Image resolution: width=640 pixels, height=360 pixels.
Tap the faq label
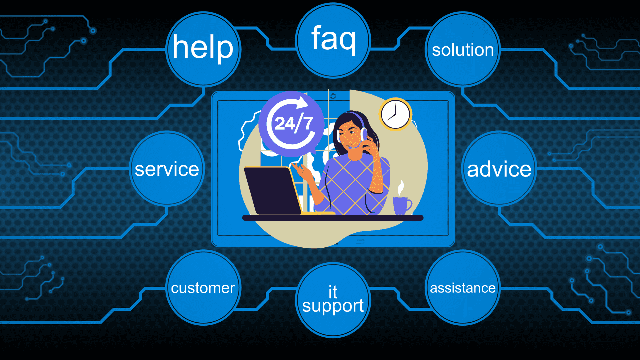point(333,39)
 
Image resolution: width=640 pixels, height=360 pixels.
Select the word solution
point(463,50)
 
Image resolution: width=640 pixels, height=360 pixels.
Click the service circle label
point(167,169)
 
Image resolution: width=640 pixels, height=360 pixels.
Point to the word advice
point(499,169)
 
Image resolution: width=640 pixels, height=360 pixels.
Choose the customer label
point(203,288)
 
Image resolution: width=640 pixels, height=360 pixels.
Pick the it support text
point(333,299)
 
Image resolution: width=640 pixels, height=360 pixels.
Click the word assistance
point(463,288)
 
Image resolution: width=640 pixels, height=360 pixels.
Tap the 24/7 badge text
point(291,123)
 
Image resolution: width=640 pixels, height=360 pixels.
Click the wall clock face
point(395,114)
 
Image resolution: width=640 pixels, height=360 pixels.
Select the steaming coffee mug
point(401,205)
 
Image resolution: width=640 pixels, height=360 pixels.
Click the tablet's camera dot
point(333,96)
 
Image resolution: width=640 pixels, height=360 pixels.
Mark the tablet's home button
point(360,242)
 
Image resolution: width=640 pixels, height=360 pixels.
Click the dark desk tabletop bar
point(333,218)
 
